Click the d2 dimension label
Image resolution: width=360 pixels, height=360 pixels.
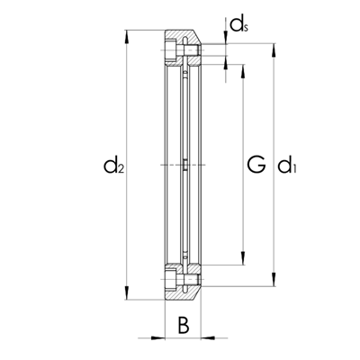pos(112,165)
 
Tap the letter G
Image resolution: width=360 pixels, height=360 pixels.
pos(256,165)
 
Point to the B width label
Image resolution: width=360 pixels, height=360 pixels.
pos(183,327)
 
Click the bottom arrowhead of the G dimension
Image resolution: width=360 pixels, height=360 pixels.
pos(241,262)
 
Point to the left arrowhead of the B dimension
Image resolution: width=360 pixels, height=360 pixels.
pos(158,337)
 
